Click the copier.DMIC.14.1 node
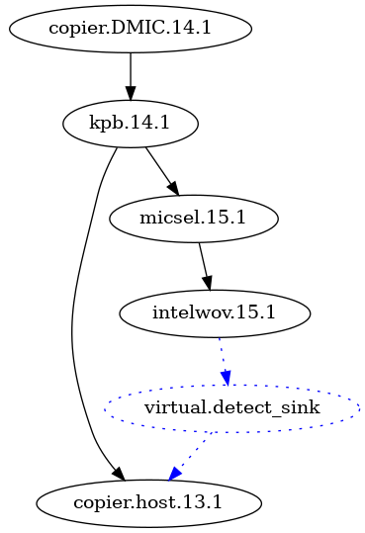[x=131, y=30]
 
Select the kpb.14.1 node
[x=131, y=124]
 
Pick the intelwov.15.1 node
[x=215, y=313]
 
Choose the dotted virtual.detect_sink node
[x=231, y=407]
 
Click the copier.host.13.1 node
[x=149, y=502]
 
